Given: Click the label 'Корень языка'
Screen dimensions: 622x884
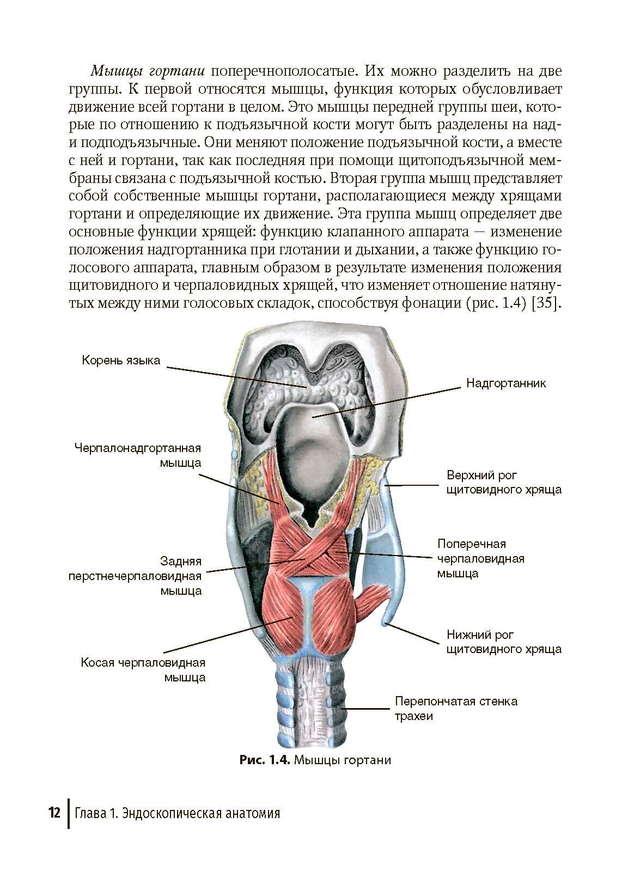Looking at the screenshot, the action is (x=121, y=361).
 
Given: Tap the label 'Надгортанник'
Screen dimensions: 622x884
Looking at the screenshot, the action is (x=505, y=383).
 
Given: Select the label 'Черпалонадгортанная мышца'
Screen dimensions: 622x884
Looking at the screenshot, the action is (x=138, y=455).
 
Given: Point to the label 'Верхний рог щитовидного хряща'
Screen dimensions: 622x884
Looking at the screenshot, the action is (x=503, y=482).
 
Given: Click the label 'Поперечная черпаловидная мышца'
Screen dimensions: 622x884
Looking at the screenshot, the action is (x=480, y=558).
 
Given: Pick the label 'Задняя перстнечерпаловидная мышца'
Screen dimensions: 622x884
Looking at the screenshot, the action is (x=135, y=576).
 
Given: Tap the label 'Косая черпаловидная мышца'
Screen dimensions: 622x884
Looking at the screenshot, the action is (x=143, y=670).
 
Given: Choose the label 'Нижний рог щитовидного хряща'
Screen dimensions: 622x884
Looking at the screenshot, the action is (x=503, y=642).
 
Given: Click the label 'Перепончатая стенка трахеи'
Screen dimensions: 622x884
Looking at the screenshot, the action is (x=456, y=708).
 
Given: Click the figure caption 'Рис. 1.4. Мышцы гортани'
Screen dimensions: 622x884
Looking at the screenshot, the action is (x=315, y=760).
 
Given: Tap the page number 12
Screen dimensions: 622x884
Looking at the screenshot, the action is (x=54, y=813).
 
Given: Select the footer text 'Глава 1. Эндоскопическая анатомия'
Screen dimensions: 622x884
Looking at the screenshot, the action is (x=178, y=814).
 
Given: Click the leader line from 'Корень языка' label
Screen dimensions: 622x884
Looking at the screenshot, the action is (x=234, y=376).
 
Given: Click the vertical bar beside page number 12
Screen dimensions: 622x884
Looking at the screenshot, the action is (x=69, y=813).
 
